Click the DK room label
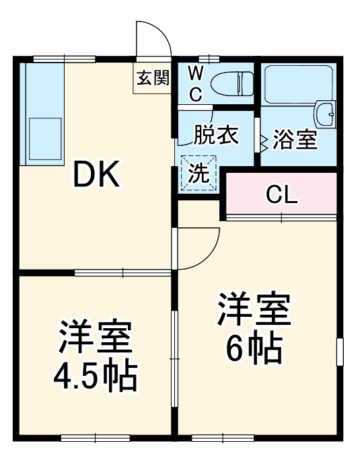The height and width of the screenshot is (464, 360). [x=96, y=176]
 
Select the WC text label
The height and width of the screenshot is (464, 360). [x=194, y=83]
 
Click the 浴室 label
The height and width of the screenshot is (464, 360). [x=295, y=141]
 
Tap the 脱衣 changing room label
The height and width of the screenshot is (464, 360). [x=217, y=135]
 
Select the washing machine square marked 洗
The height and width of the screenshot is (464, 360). [x=199, y=173]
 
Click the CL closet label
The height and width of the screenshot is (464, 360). [x=281, y=195]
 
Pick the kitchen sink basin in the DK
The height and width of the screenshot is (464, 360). [x=44, y=139]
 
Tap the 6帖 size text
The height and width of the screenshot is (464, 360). [x=254, y=346]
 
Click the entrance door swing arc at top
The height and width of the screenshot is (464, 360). [x=153, y=40]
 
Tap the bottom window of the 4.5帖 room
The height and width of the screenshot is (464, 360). [x=94, y=438]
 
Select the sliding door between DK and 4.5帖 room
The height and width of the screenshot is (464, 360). [x=123, y=272]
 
